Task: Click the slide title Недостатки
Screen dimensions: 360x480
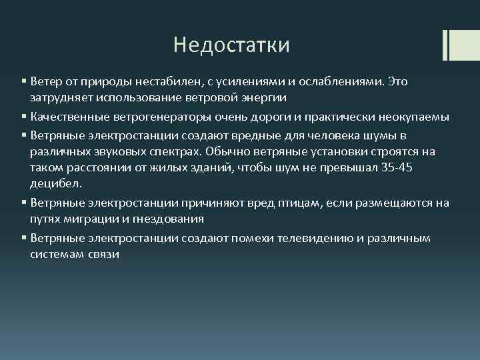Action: [x=231, y=45]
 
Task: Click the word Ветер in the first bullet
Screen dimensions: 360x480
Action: [x=45, y=81]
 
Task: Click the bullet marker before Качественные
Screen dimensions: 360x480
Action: [x=23, y=117]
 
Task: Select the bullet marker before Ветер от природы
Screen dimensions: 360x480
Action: [x=23, y=81]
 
